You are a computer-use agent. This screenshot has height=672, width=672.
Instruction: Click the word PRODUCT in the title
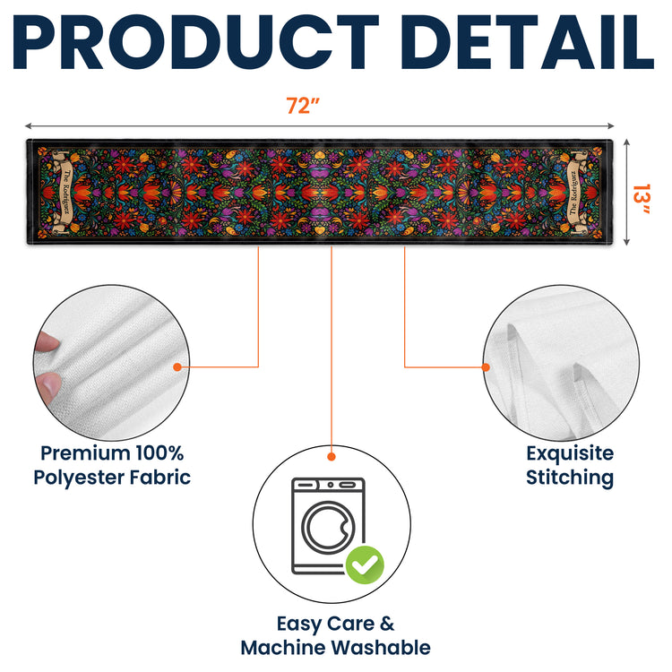tap(196, 42)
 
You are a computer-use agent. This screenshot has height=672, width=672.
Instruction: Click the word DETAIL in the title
tap(527, 42)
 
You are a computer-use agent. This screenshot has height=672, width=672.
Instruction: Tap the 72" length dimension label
tap(303, 106)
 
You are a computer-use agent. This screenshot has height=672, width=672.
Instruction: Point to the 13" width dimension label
tap(642, 198)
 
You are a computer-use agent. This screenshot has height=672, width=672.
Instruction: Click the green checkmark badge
tap(365, 564)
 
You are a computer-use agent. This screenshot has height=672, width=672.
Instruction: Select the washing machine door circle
tap(329, 527)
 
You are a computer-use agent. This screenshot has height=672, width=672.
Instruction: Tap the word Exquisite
tap(570, 453)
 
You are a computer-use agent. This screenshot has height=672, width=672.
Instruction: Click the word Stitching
tap(570, 478)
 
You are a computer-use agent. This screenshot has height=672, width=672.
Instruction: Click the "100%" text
tap(159, 453)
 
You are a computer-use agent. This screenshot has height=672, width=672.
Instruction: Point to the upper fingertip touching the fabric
tap(47, 341)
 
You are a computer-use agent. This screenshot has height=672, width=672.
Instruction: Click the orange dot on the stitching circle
tap(486, 367)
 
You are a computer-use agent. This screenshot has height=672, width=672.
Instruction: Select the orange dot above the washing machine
tap(332, 457)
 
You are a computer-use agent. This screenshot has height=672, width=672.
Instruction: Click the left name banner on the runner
tap(64, 191)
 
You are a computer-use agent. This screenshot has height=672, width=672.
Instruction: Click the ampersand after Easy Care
tap(386, 624)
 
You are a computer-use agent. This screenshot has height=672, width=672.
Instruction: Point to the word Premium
tap(85, 453)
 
